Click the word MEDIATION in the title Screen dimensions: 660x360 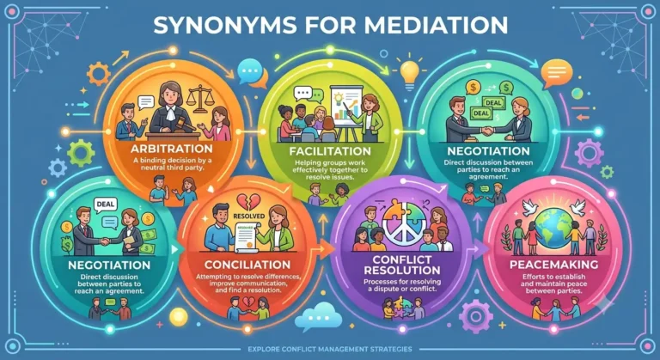point(436,25)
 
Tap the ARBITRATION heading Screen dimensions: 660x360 point(172,149)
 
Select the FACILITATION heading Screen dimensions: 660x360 point(330,151)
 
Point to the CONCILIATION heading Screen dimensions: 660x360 point(247,265)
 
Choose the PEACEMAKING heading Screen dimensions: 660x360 point(554,265)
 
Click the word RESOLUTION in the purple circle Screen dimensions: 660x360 point(402,271)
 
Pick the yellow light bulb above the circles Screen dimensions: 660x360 point(410,74)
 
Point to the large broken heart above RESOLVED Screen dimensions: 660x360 point(248,202)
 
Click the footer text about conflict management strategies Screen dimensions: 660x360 point(330,349)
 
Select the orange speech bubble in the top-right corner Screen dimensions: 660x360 point(557,73)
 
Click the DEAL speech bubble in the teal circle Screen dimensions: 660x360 point(105,205)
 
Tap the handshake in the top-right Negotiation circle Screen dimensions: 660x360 point(488,131)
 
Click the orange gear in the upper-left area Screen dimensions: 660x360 point(99,74)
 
